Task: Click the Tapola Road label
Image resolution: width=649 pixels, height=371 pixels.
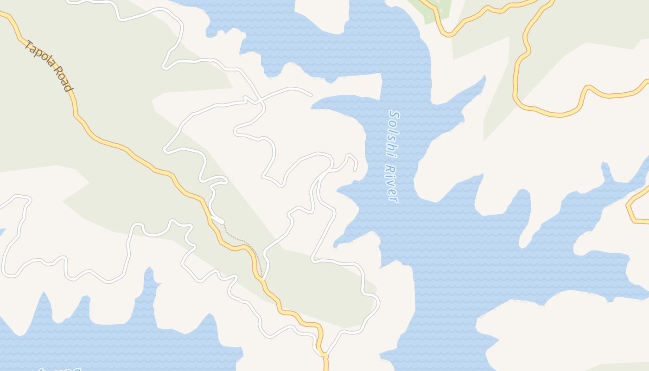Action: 49,66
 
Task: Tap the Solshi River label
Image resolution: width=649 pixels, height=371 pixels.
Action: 393,156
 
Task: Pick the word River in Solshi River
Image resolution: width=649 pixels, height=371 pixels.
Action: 392,183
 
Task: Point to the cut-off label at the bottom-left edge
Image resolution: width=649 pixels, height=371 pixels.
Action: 60,369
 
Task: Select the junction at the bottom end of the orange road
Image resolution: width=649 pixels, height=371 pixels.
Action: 324,355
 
